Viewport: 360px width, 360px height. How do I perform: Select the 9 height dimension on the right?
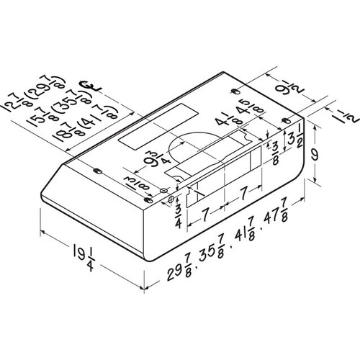coord(317,154)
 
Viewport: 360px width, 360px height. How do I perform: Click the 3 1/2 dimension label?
coord(292,135)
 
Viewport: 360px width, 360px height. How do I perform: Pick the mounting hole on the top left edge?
coord(97,171)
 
